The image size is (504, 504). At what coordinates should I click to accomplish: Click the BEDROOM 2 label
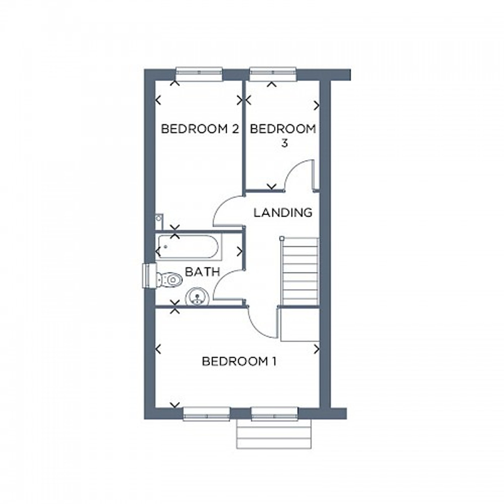coord(200,129)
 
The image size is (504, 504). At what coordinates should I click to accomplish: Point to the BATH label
coord(202,272)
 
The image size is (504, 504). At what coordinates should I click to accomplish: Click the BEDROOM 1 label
coord(239,362)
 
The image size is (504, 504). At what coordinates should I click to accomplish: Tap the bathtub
coord(188,246)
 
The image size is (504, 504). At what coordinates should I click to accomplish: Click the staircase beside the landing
coord(300,271)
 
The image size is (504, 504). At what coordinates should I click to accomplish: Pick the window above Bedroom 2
coord(199,74)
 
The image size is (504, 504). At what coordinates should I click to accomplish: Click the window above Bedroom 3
coord(273,74)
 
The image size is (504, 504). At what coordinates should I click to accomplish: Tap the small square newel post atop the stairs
coord(281,238)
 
